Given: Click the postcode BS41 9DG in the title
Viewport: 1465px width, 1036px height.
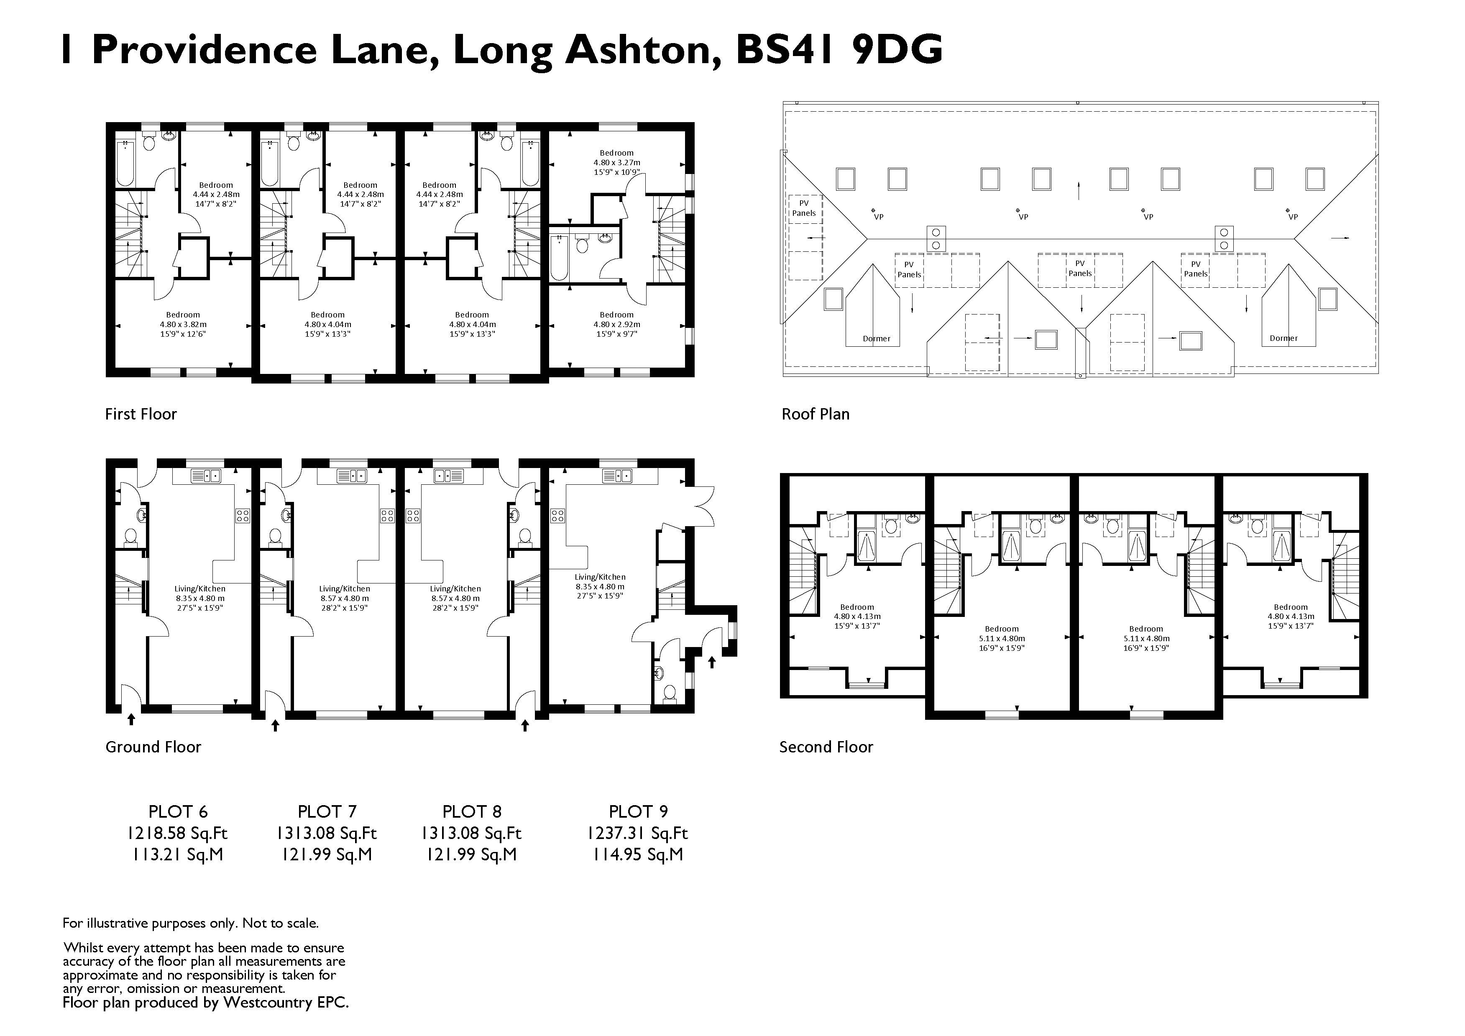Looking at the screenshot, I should point(839,50).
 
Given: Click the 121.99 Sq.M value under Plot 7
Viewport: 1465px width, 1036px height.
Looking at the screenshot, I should point(327,854).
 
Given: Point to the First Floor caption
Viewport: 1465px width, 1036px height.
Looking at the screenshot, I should point(141,414).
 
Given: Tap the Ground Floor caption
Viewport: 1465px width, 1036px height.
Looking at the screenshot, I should point(153,747).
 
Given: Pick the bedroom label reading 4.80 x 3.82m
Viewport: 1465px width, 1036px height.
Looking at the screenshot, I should point(183,324).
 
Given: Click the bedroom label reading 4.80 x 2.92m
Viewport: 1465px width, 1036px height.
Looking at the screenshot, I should point(616,324).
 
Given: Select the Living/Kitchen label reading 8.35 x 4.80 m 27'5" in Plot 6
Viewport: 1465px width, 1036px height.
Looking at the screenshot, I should point(200,599).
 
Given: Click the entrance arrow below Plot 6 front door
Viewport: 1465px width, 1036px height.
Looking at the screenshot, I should point(131,719).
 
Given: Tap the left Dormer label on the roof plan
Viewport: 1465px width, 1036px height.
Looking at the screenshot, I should point(876,339).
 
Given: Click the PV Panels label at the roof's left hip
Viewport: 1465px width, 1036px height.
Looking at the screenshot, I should point(804,208).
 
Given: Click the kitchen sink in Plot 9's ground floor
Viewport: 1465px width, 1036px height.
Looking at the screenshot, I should point(616,476).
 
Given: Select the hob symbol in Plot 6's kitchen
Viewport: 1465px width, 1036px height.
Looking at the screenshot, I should point(243,515).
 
